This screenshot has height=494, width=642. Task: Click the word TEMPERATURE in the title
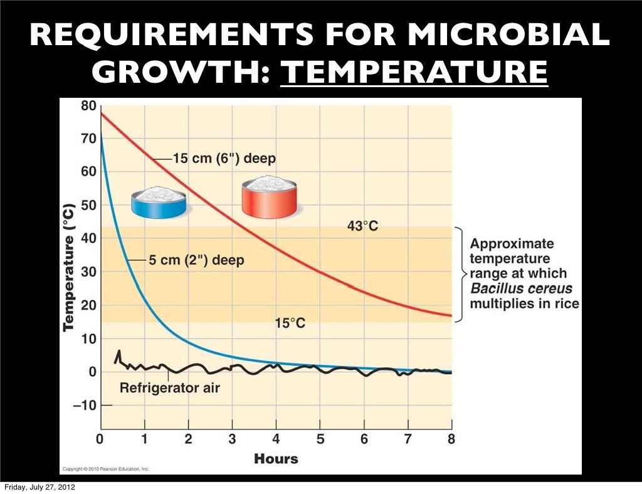click(414, 73)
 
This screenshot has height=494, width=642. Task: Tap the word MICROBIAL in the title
click(510, 36)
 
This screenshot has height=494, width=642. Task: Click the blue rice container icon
click(158, 201)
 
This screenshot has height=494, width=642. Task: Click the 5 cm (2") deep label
click(196, 260)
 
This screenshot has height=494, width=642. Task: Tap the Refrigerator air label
click(169, 388)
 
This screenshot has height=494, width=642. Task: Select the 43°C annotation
click(362, 226)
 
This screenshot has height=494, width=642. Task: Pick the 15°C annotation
click(290, 323)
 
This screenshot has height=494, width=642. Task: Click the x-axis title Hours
click(276, 459)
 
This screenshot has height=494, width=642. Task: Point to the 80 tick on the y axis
click(89, 106)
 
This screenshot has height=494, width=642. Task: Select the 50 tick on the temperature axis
click(89, 206)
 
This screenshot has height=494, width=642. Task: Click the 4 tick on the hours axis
click(275, 439)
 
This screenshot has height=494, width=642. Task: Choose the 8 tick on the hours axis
click(451, 439)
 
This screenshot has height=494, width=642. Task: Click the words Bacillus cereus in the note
click(521, 289)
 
